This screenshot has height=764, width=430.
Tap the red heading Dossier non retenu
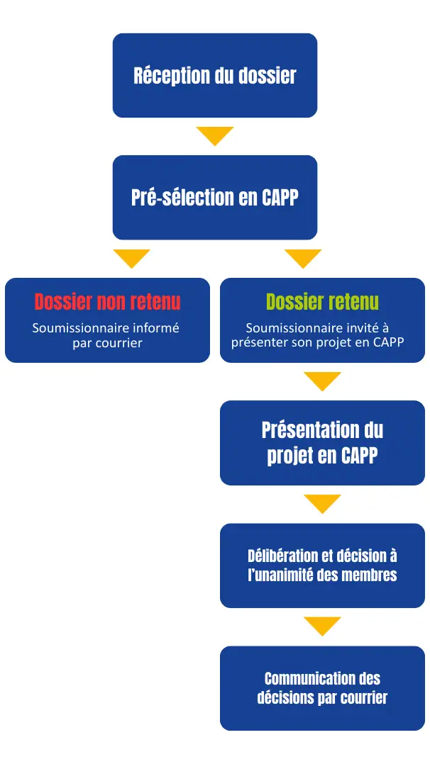click(107, 302)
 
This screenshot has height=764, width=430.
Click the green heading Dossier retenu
click(322, 302)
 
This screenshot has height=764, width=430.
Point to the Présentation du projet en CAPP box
click(322, 442)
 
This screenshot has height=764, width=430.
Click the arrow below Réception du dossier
click(214, 135)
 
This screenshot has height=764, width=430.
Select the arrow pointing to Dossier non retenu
click(131, 258)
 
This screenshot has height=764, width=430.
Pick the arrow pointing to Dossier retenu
click(303, 258)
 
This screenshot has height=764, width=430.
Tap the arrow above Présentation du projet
click(322, 381)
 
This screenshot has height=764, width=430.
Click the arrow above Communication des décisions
click(322, 626)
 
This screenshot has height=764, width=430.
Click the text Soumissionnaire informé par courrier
click(107, 335)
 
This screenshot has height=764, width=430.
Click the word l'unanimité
click(279, 574)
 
